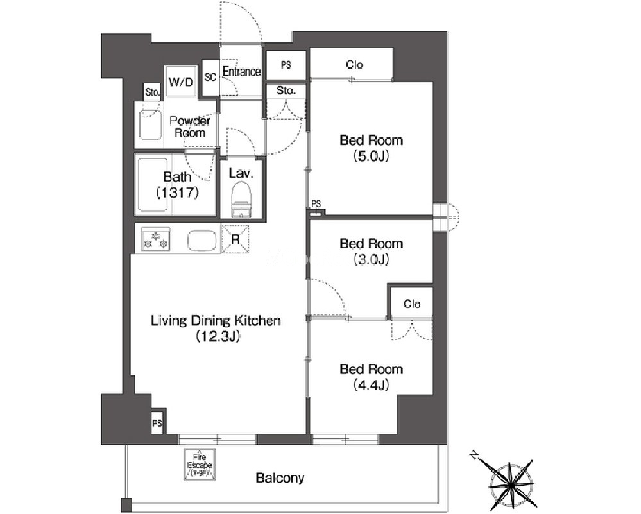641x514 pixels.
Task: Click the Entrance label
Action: click(x=241, y=72)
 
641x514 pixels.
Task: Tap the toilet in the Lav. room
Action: click(x=241, y=200)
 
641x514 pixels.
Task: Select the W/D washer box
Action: click(x=181, y=81)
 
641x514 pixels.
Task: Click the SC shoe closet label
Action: click(x=210, y=77)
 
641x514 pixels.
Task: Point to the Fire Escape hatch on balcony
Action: click(x=200, y=465)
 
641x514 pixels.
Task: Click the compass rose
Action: click(x=511, y=484)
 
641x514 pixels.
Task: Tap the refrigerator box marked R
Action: click(x=235, y=239)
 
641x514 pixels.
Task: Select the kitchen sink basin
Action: click(x=202, y=241)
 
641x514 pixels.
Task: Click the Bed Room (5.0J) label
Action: click(x=372, y=148)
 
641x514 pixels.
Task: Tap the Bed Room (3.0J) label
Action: click(x=372, y=251)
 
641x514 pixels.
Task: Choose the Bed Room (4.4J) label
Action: click(x=372, y=377)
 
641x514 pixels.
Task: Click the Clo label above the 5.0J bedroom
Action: click(x=354, y=65)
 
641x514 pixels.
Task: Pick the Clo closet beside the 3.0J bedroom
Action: click(x=412, y=304)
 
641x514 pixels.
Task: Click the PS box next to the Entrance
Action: click(x=286, y=65)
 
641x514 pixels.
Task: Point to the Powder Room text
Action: click(x=190, y=127)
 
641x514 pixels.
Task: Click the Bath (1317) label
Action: click(x=178, y=185)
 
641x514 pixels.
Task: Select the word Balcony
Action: click(x=280, y=477)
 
